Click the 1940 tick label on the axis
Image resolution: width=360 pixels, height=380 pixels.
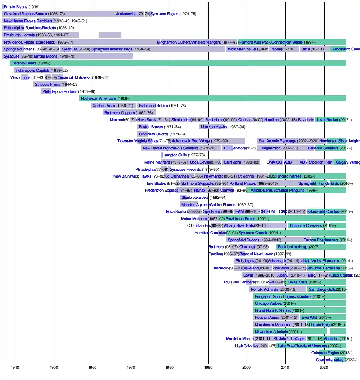15,367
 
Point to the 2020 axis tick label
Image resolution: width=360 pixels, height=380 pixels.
324,367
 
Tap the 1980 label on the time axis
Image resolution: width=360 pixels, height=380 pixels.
170,367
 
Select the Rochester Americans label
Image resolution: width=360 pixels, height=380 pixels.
99,98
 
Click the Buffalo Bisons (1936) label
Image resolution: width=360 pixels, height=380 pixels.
16,7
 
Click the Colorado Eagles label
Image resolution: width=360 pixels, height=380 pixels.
325,353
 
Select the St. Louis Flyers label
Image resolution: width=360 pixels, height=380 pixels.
48,84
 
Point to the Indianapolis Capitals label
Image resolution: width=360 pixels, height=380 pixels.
32,70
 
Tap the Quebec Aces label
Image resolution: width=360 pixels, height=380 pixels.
104,106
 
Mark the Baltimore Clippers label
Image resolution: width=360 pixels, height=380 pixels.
119,113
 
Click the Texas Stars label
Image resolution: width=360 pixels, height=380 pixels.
297,282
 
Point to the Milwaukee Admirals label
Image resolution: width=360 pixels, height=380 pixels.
271,332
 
